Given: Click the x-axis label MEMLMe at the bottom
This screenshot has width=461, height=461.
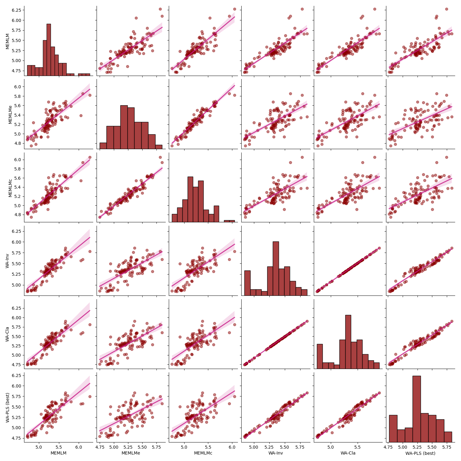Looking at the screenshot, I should coord(131,453).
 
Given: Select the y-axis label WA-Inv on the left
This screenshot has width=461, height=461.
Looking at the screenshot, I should coord(7,261).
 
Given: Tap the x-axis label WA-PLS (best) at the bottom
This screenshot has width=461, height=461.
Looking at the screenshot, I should coord(420,453).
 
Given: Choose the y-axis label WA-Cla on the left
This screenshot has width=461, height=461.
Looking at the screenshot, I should coord(7,334).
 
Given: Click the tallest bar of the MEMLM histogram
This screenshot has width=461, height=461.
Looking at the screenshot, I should coord(49,49).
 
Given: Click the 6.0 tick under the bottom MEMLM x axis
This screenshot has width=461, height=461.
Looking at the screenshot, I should coord(79,447).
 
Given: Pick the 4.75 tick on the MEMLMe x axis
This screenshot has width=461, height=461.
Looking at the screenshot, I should coord(100,447).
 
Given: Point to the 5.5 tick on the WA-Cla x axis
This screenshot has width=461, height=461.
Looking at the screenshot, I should coord(357,447).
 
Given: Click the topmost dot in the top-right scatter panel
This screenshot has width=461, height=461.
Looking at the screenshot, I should coord(446,9).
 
